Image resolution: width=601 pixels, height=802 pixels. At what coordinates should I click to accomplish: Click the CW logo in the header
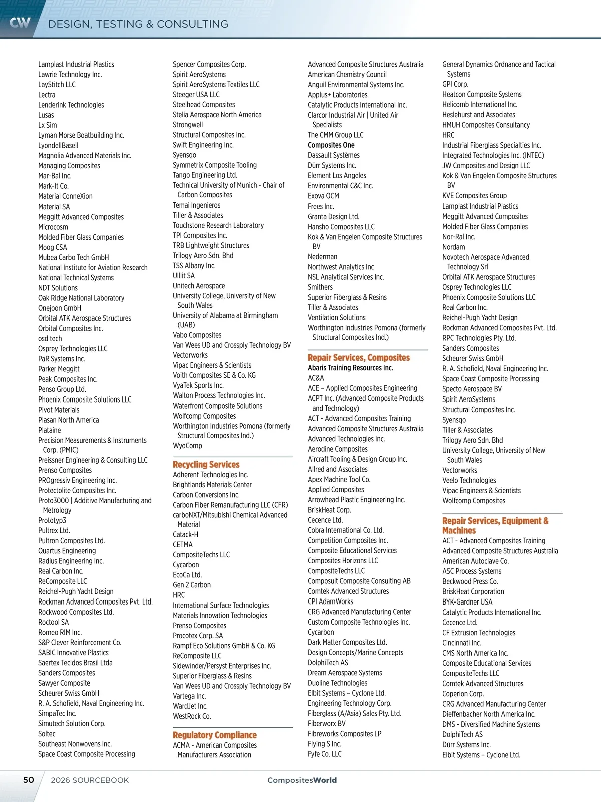pos(20,22)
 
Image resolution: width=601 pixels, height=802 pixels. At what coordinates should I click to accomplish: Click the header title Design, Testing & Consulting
pos(138,24)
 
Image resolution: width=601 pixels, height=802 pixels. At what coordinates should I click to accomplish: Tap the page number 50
pos(29,780)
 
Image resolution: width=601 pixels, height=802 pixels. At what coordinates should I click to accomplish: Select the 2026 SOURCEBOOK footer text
pos(90,780)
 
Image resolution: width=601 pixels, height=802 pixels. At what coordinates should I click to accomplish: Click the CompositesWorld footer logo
pos(302,780)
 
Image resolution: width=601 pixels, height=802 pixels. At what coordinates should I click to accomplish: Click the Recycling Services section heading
pos(206,465)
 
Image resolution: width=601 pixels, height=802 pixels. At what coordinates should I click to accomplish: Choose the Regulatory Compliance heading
pos(215,735)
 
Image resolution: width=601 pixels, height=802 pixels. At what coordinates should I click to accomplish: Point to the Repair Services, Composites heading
pos(359,358)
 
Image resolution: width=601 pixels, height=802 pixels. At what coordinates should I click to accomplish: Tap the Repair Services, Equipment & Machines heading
pos(495,526)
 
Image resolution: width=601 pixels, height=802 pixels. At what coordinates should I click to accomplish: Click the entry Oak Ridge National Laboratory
pos(81,298)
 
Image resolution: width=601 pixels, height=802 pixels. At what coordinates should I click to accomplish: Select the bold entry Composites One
pos(331,145)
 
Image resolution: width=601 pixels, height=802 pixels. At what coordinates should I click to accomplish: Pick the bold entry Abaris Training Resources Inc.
pos(351,368)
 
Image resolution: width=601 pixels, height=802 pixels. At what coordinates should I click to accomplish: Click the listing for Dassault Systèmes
pos(334,155)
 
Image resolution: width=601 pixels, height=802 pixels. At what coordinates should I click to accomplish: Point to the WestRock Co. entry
pos(192,716)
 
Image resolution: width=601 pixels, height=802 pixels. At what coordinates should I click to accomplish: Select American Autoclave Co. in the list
pos(475,561)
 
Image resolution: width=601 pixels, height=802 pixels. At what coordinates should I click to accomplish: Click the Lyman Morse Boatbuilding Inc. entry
pos(81,135)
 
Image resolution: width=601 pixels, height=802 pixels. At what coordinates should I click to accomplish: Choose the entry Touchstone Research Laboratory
pos(218,225)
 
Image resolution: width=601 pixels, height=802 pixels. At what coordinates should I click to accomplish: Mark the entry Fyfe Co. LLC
pos(325,754)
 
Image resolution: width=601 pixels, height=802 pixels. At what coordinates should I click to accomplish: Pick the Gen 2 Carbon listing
pos(192,585)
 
